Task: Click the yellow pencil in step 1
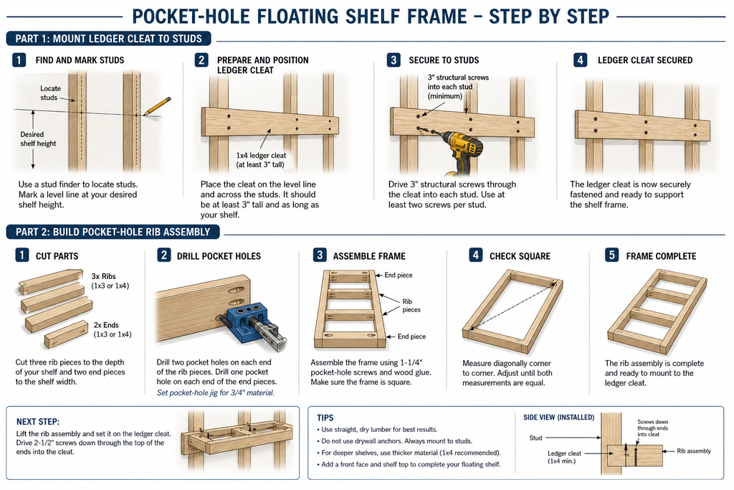tap(157, 106)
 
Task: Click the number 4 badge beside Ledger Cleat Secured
tap(580, 60)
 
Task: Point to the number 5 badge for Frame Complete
tap(611, 255)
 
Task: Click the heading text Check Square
tap(520, 256)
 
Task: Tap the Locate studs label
tap(50, 93)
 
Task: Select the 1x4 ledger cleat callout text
tap(261, 160)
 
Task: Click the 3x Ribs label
tap(110, 281)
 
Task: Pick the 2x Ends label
tap(113, 329)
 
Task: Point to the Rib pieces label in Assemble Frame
tap(411, 306)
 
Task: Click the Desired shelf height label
tap(38, 138)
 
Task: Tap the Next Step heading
tap(38, 422)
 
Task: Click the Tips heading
tap(325, 418)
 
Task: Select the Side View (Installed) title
tap(558, 417)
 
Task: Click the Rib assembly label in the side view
tap(694, 451)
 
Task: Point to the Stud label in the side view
tap(535, 438)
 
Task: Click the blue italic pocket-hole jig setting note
tap(215, 392)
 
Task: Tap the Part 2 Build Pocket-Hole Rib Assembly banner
tap(113, 232)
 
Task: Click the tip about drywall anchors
tap(396, 440)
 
